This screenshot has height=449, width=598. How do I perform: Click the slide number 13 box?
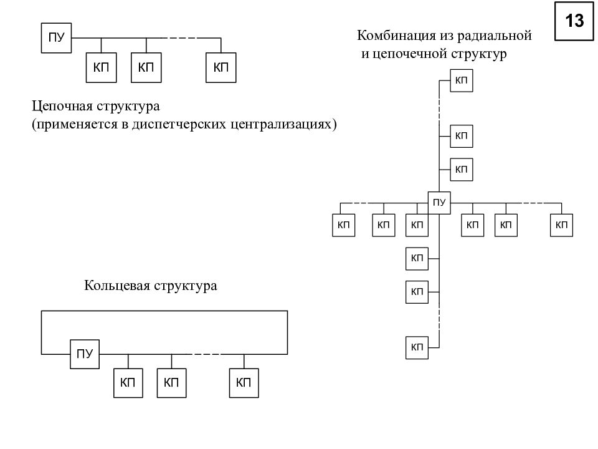click(574, 21)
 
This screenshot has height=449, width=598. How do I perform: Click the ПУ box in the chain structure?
click(56, 38)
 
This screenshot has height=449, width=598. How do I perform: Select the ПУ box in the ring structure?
click(85, 354)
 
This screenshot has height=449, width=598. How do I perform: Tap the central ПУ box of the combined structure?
click(439, 203)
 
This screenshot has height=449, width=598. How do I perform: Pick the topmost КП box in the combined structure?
click(462, 80)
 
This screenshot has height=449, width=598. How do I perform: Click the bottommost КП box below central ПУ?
click(417, 347)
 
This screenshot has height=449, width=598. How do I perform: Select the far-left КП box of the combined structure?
click(344, 225)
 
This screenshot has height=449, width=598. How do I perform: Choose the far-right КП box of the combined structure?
click(561, 225)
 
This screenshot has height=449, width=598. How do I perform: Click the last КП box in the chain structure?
click(221, 67)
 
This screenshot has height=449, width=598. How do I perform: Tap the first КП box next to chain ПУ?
click(101, 67)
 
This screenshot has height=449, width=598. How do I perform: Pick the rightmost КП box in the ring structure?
click(244, 383)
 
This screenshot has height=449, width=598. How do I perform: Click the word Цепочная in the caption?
click(62, 106)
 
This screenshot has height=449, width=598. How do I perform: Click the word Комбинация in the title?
click(396, 36)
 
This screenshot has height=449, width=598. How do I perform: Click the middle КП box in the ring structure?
click(172, 383)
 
